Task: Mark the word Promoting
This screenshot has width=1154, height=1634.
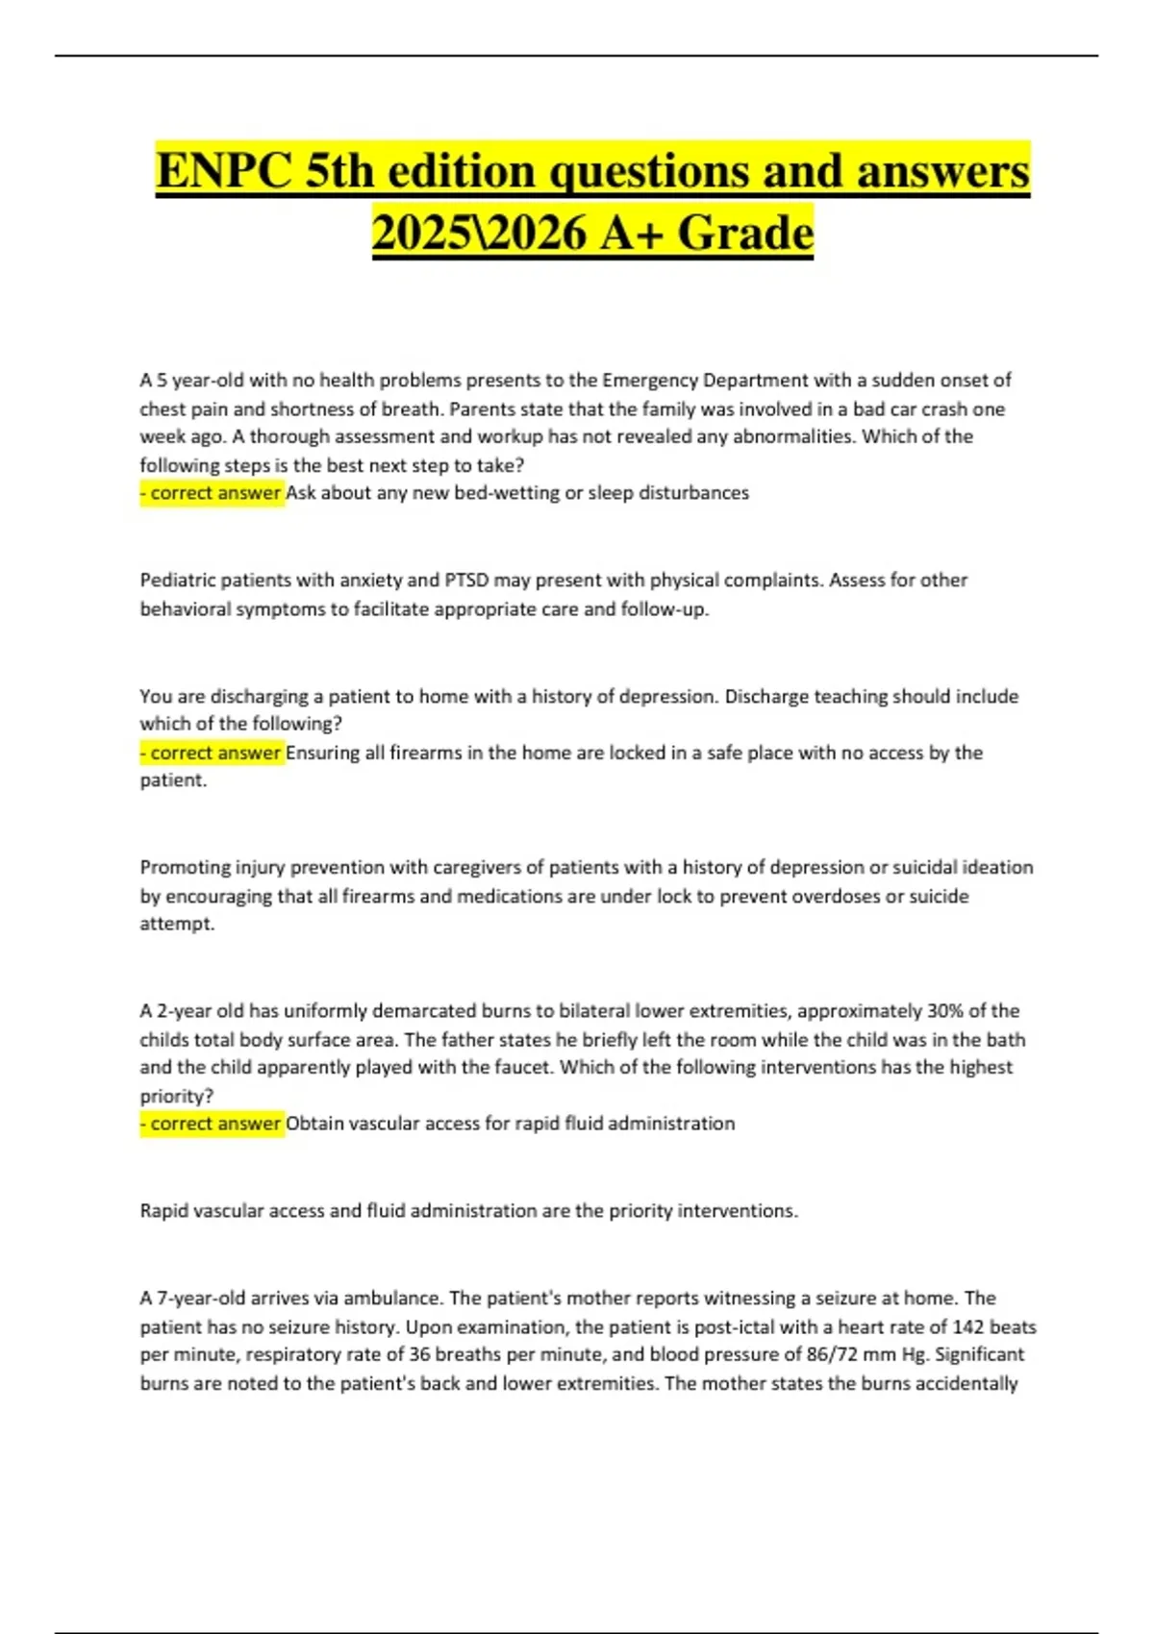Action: pos(187,867)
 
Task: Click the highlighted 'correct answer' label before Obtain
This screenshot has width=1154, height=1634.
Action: pos(213,1123)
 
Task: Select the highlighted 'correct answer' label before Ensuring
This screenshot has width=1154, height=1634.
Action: pos(213,753)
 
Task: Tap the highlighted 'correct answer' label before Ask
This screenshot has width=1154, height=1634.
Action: pos(213,493)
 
